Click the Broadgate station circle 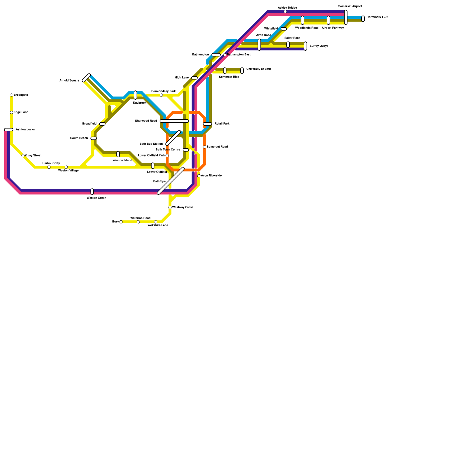click(x=12, y=95)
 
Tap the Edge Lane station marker click(x=12, y=112)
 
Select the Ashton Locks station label click(x=25, y=130)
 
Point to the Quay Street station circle click(x=23, y=156)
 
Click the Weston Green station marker click(x=92, y=192)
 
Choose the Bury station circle click(x=121, y=222)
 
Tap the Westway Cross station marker click(x=170, y=207)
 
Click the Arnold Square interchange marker click(x=86, y=78)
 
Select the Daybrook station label click(x=140, y=103)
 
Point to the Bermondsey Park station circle click(x=161, y=95)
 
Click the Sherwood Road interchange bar click(x=174, y=121)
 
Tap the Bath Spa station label click(x=159, y=182)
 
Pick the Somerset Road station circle click(x=205, y=147)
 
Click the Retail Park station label click(x=222, y=124)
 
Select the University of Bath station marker click(x=242, y=71)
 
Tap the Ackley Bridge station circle click(x=285, y=12)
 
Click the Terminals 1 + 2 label click(x=378, y=17)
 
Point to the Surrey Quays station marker click(x=305, y=46)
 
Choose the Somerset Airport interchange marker click(x=346, y=17)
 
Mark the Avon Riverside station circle click(x=199, y=176)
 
